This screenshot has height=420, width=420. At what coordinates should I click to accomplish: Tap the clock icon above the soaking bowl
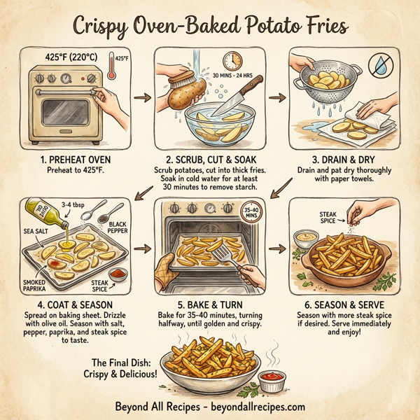tap(233, 62)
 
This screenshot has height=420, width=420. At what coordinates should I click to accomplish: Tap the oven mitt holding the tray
tap(167, 272)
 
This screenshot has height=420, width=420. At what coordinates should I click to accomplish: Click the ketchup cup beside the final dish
tap(273, 382)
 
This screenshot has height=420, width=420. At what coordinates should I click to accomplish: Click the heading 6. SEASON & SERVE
tap(344, 305)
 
